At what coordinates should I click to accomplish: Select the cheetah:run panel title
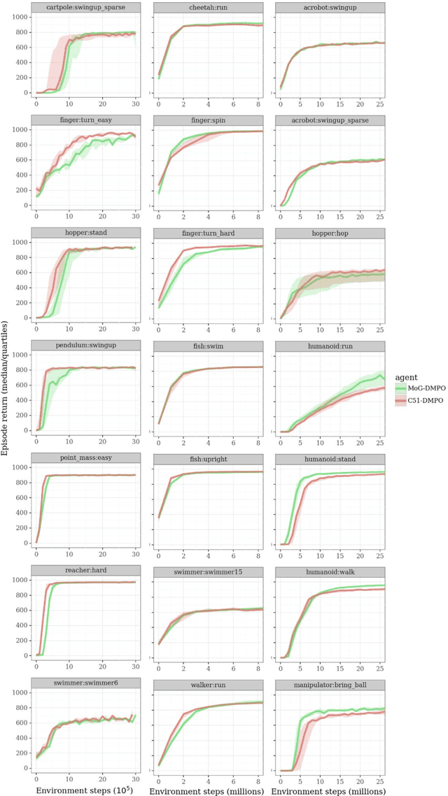coord(209,8)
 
